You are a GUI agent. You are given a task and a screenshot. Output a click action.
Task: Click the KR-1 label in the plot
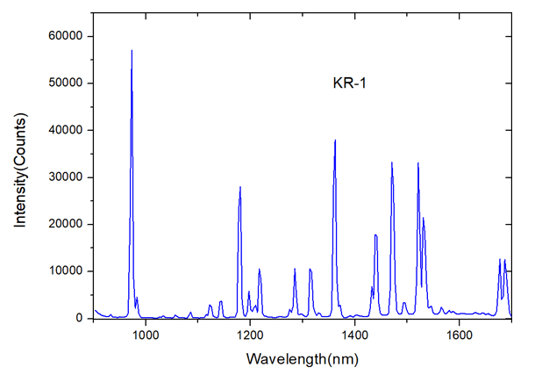tap(348, 83)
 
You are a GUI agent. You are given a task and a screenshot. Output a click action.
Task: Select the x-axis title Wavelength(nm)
tap(302, 360)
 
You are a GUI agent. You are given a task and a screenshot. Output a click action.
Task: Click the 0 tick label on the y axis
tap(78, 318)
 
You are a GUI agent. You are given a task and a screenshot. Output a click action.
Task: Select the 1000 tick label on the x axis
tap(145, 334)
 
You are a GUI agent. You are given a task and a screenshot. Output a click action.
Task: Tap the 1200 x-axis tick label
tap(250, 334)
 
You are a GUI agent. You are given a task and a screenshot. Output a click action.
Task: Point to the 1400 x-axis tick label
tap(354, 334)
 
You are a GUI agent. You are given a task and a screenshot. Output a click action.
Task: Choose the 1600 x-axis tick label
tap(459, 334)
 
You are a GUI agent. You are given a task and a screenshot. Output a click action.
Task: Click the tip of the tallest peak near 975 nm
tap(132, 51)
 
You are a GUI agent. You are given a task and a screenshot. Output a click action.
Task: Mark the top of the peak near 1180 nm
tap(239, 187)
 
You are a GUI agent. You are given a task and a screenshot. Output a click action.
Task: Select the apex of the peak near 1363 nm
tap(335, 141)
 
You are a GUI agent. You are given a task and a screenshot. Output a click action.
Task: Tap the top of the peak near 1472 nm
tap(392, 162)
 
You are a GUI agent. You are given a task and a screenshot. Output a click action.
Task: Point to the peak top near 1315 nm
tap(310, 269)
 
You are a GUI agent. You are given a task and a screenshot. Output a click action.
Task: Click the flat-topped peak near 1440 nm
tap(375, 235)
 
